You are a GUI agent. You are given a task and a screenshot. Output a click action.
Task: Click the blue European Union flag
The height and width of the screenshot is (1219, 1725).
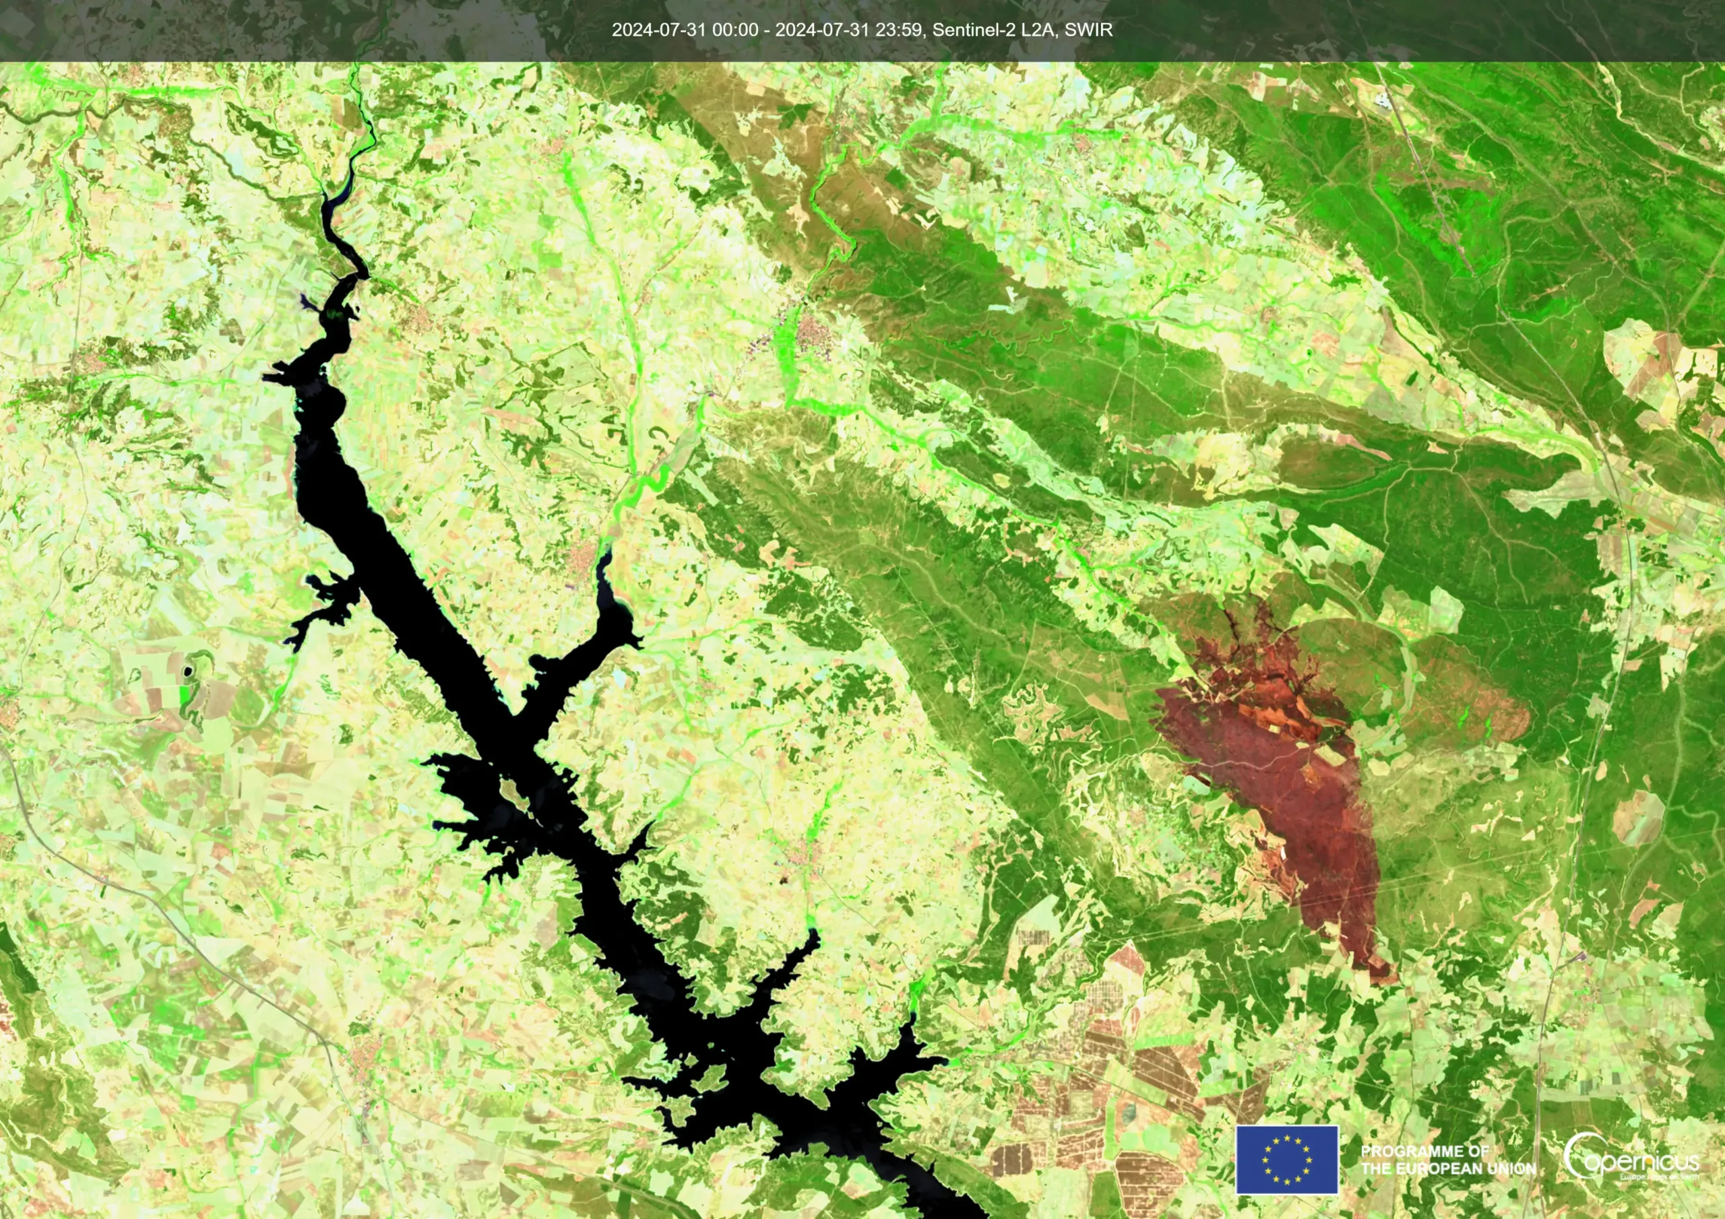[1286, 1160]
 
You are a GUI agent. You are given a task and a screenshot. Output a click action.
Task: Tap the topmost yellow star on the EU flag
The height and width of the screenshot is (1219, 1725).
[1286, 1139]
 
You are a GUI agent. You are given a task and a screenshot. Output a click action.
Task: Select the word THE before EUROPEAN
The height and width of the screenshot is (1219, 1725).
[1378, 1168]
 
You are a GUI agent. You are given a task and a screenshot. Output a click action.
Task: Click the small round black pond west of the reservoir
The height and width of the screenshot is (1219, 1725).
[187, 671]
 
